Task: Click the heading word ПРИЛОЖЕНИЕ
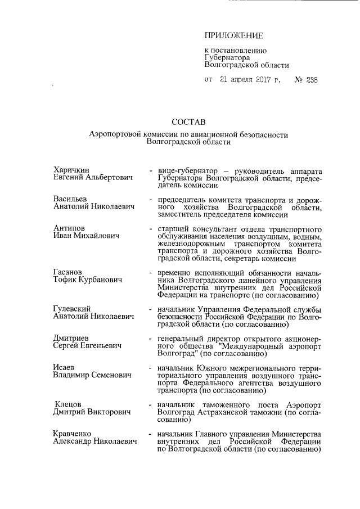pyautogui.click(x=233, y=37)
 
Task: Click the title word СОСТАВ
pyautogui.click(x=189, y=121)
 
